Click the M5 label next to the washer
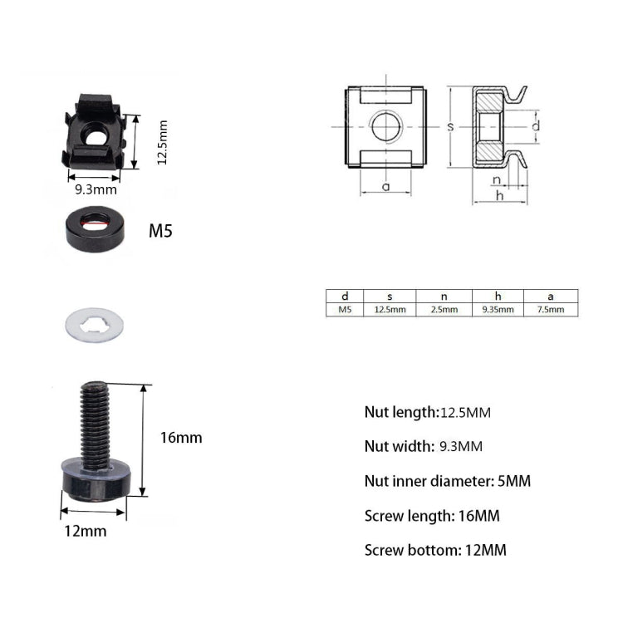160,231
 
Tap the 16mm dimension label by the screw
182,437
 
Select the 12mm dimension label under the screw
86,531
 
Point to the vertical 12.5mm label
163,142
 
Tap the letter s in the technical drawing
449,126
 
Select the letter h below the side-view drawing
499,195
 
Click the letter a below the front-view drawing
385,186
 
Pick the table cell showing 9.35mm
498,309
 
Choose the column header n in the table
444,296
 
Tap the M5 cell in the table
346,309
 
